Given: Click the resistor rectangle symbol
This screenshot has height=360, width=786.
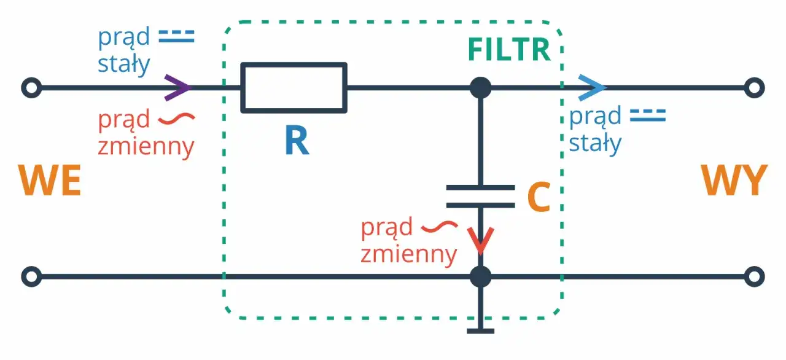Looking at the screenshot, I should [x=294, y=88].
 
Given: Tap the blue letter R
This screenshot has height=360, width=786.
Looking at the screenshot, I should [x=297, y=142].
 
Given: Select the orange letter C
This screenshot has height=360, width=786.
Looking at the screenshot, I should [x=538, y=198].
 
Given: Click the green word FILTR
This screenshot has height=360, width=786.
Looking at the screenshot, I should [x=509, y=50].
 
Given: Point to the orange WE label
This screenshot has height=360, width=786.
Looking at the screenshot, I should [x=50, y=181].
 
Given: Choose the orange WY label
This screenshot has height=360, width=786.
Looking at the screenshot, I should [x=734, y=181].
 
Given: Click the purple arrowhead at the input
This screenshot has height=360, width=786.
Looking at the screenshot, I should [x=179, y=88].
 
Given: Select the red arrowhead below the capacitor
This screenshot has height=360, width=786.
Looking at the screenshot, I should [x=480, y=241].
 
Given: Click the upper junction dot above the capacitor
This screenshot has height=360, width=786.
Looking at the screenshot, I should [x=480, y=88].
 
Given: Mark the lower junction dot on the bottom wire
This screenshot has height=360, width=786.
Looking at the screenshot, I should [x=480, y=276].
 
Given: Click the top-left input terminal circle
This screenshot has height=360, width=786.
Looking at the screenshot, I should [x=31, y=88].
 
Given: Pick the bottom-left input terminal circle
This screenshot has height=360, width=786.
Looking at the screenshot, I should [x=31, y=276].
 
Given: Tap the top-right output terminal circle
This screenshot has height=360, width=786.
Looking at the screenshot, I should [x=754, y=88].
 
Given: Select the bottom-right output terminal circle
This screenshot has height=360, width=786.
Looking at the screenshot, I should [x=754, y=276].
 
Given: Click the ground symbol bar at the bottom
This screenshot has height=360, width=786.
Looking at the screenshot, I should [x=480, y=331].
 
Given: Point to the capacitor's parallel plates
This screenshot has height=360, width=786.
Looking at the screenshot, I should [x=480, y=196].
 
